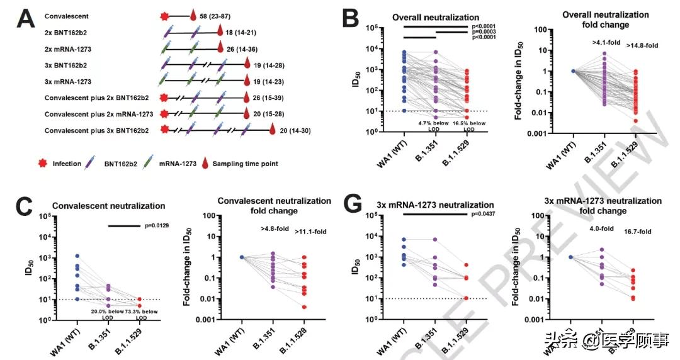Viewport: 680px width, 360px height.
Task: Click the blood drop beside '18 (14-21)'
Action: pos(220,30)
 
